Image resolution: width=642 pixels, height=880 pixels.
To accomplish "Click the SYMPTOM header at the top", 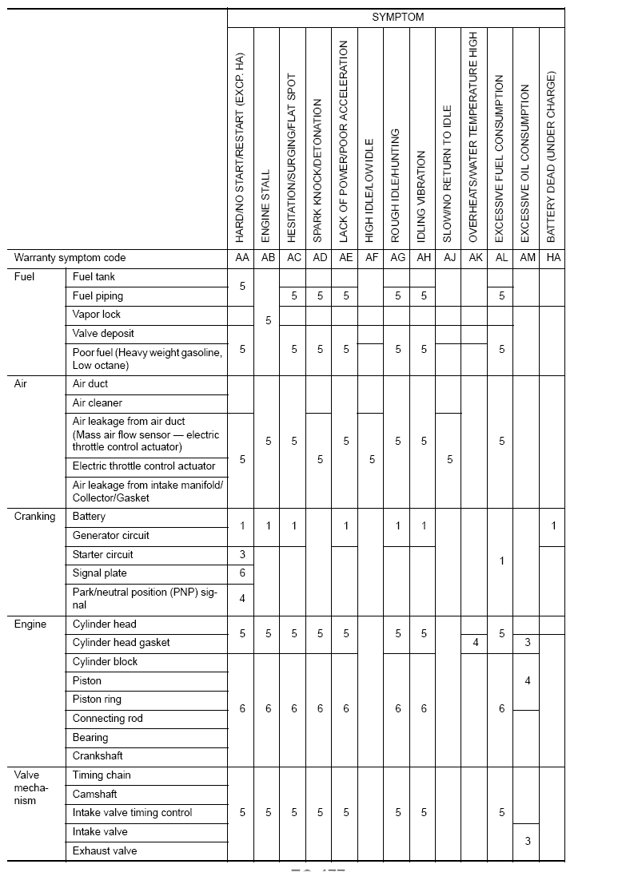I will coord(397,17).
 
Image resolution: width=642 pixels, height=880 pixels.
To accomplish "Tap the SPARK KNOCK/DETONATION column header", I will coord(319,171).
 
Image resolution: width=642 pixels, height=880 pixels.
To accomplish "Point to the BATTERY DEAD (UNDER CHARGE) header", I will coord(552,157).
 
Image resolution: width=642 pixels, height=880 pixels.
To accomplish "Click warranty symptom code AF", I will coord(371,258).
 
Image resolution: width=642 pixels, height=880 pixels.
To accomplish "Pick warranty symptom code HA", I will coord(552,258).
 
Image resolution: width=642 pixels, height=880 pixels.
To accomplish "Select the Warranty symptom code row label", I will coord(70,258).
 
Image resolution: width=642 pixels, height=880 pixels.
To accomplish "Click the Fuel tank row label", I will coord(94,277).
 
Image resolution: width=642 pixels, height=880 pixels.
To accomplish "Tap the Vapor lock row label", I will coord(96,315).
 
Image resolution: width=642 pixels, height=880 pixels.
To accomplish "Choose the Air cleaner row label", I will coord(97,403).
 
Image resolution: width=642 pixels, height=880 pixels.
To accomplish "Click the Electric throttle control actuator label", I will coord(144,466).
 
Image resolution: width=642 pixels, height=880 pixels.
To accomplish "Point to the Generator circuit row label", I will coord(110,536).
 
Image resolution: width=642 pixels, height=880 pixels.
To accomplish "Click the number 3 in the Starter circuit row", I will coord(242,555).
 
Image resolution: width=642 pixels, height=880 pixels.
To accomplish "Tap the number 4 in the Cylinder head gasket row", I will coord(475,643).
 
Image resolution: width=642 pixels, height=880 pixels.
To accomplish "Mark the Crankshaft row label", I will coord(98,756).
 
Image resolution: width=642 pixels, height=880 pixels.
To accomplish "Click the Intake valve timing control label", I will coord(132,813).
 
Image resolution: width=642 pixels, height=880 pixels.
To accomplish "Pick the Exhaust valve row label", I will coord(104,851).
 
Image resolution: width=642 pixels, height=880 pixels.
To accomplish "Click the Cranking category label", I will coord(35,517).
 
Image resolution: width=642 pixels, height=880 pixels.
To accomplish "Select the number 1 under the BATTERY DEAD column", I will coord(552,526).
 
